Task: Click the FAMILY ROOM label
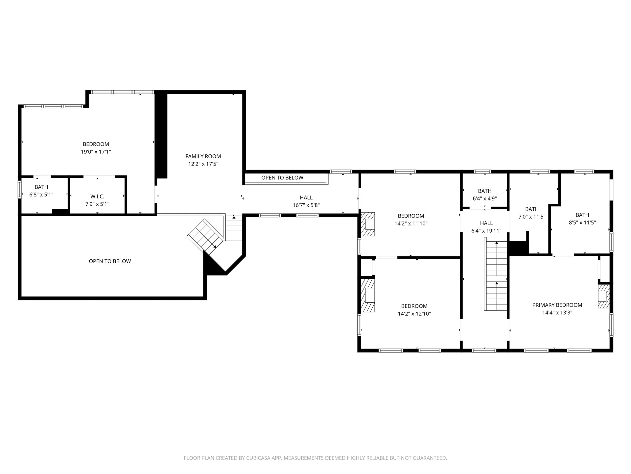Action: [x=203, y=156]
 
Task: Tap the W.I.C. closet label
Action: [x=97, y=197]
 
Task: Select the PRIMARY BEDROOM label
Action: [x=557, y=305]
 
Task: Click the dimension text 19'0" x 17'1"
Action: [x=96, y=152]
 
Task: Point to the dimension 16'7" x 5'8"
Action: [x=306, y=205]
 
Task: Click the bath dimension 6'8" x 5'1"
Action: [x=41, y=195]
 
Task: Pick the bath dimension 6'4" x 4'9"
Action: [x=485, y=198]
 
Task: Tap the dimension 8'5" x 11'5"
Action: [x=582, y=223]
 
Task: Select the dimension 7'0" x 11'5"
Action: [x=532, y=217]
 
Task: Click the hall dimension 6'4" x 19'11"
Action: [x=486, y=231]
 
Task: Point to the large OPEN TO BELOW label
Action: [x=110, y=261]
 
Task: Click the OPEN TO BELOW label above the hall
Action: [x=282, y=178]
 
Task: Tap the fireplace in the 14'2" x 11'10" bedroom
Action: [x=368, y=224]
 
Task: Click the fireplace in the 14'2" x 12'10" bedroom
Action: [x=368, y=296]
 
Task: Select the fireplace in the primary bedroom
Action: [x=604, y=296]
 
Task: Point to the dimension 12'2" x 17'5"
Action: [x=203, y=164]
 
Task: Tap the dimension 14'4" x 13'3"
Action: [x=557, y=313]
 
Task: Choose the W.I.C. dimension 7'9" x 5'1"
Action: [x=97, y=204]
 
